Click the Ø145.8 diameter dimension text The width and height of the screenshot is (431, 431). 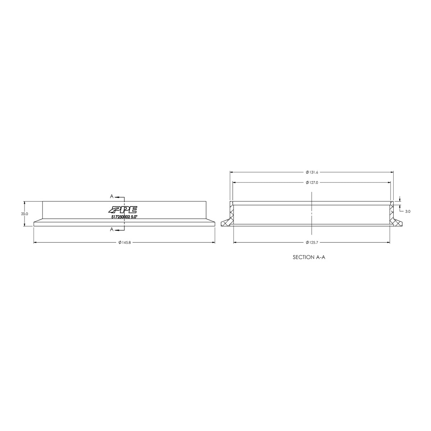pos(124,243)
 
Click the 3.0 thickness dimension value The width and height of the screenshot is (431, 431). pos(408,212)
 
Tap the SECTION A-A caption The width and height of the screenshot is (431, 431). pos(311,257)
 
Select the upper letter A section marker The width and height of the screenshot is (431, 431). pos(112,196)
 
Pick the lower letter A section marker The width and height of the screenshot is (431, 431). pos(112,229)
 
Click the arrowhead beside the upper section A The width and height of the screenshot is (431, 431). pos(117,197)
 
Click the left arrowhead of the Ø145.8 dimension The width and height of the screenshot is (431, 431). pos(35,243)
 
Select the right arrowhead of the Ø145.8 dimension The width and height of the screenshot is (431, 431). pos(213,243)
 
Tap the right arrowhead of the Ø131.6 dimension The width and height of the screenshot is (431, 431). pos(392,172)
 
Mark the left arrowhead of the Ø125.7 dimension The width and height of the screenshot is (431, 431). pos(235,243)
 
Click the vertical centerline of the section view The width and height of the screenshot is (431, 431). pos(312,212)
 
